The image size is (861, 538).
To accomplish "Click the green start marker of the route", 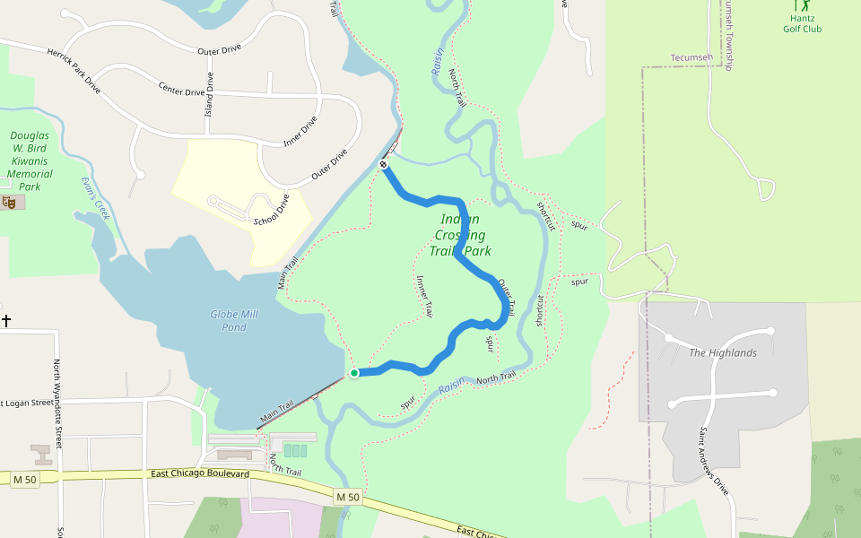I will click(x=354, y=373).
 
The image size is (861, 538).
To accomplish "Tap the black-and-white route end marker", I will click(x=383, y=164).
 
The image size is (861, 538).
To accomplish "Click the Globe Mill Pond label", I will click(x=233, y=320).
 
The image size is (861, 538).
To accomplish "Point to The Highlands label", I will click(x=722, y=353).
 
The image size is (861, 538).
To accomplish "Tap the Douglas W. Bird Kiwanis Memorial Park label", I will click(x=30, y=161).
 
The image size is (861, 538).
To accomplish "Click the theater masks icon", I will click(x=10, y=203).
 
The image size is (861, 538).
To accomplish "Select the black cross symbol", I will click(x=6, y=320).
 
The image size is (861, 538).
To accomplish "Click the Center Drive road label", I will click(x=182, y=90).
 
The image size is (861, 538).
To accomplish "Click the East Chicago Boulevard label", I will click(x=199, y=473).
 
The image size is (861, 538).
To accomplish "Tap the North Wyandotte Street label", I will click(x=58, y=393).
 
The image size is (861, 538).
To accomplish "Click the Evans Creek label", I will click(x=94, y=197).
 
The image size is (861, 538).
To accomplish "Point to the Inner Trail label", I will click(x=424, y=296).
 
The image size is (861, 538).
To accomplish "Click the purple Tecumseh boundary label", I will click(x=691, y=57).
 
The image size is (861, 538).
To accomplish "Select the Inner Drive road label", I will click(x=300, y=131).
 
